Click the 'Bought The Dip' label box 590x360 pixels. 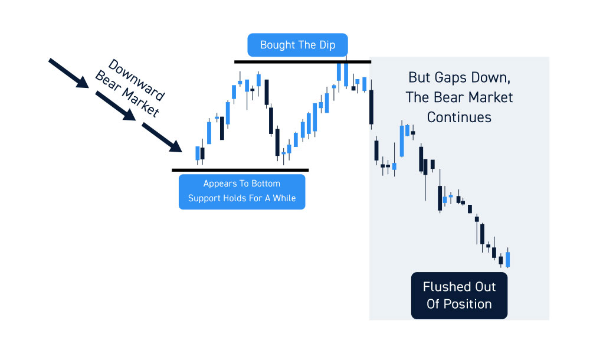point(297,45)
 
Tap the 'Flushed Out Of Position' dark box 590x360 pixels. point(459,296)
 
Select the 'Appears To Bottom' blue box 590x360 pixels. point(242,191)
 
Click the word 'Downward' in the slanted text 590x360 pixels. point(136,80)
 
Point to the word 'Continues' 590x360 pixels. point(459,117)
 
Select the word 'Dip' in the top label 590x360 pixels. point(327,45)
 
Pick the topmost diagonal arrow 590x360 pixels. point(69,73)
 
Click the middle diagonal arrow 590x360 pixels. point(116,106)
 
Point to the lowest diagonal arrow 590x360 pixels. point(162,137)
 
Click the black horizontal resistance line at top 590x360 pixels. point(303,61)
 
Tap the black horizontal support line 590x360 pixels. point(240,170)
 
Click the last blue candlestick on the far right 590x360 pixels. point(507,259)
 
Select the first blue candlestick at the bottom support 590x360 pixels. point(198,153)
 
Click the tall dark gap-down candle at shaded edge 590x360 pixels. point(371,107)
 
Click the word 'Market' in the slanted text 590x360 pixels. point(140,103)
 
